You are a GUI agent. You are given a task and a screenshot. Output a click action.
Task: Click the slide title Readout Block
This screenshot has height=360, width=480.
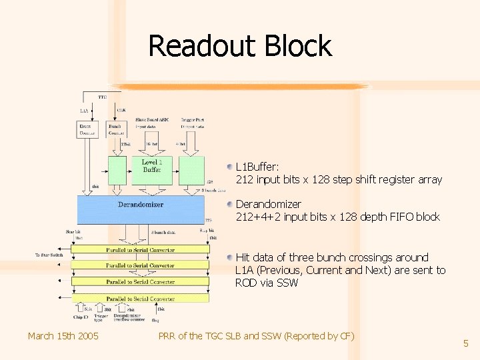(x=239, y=46)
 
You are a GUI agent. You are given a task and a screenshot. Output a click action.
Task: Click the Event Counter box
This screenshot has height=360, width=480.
(x=87, y=129)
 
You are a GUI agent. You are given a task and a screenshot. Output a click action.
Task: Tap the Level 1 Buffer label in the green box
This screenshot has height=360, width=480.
(x=152, y=166)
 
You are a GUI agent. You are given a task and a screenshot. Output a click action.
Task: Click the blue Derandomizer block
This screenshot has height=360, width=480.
(x=141, y=209)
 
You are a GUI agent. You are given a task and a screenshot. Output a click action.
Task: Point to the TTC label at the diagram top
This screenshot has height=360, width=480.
(x=102, y=97)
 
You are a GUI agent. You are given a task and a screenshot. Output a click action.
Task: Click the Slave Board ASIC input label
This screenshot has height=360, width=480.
(x=152, y=122)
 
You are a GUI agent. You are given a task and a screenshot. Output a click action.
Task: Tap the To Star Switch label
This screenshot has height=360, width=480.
(x=49, y=255)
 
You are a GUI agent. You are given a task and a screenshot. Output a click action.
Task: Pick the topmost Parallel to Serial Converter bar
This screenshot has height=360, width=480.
(x=141, y=250)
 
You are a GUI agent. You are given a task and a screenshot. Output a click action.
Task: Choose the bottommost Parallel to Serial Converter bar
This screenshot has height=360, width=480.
(x=141, y=299)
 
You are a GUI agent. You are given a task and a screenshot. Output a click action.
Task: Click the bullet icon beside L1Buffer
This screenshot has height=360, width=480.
(x=229, y=167)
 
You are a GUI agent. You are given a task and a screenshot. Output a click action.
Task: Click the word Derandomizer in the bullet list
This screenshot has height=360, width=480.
(x=268, y=204)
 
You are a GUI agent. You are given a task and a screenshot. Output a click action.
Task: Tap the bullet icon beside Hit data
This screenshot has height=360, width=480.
(x=229, y=257)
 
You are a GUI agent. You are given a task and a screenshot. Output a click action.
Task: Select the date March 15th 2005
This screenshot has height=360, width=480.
(x=63, y=335)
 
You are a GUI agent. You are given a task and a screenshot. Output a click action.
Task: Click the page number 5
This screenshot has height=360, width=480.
(x=466, y=343)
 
